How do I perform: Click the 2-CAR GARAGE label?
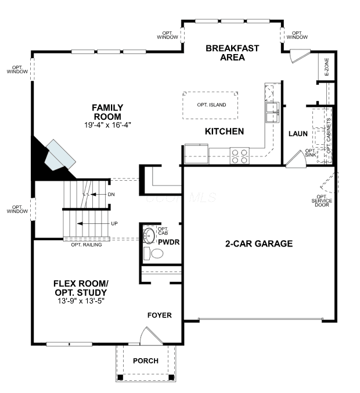tap(259, 244)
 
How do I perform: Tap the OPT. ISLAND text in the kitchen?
tap(211, 105)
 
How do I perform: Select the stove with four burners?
tap(240, 156)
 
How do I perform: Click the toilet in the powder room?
tap(153, 253)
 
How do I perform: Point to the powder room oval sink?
tap(149, 235)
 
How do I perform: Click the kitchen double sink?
tap(272, 113)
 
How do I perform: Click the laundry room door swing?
tap(296, 159)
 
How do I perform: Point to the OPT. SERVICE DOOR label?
tap(322, 201)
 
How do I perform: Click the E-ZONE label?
tap(326, 67)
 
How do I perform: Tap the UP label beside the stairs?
tap(114, 224)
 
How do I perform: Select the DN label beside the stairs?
tap(111, 194)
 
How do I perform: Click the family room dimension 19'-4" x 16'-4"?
tap(107, 125)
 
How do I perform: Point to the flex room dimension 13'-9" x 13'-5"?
tap(81, 301)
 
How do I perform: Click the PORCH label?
tap(146, 361)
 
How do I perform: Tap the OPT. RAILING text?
tap(87, 245)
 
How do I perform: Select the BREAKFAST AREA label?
tap(232, 53)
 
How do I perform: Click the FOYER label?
tap(160, 315)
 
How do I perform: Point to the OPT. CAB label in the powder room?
tap(163, 231)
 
